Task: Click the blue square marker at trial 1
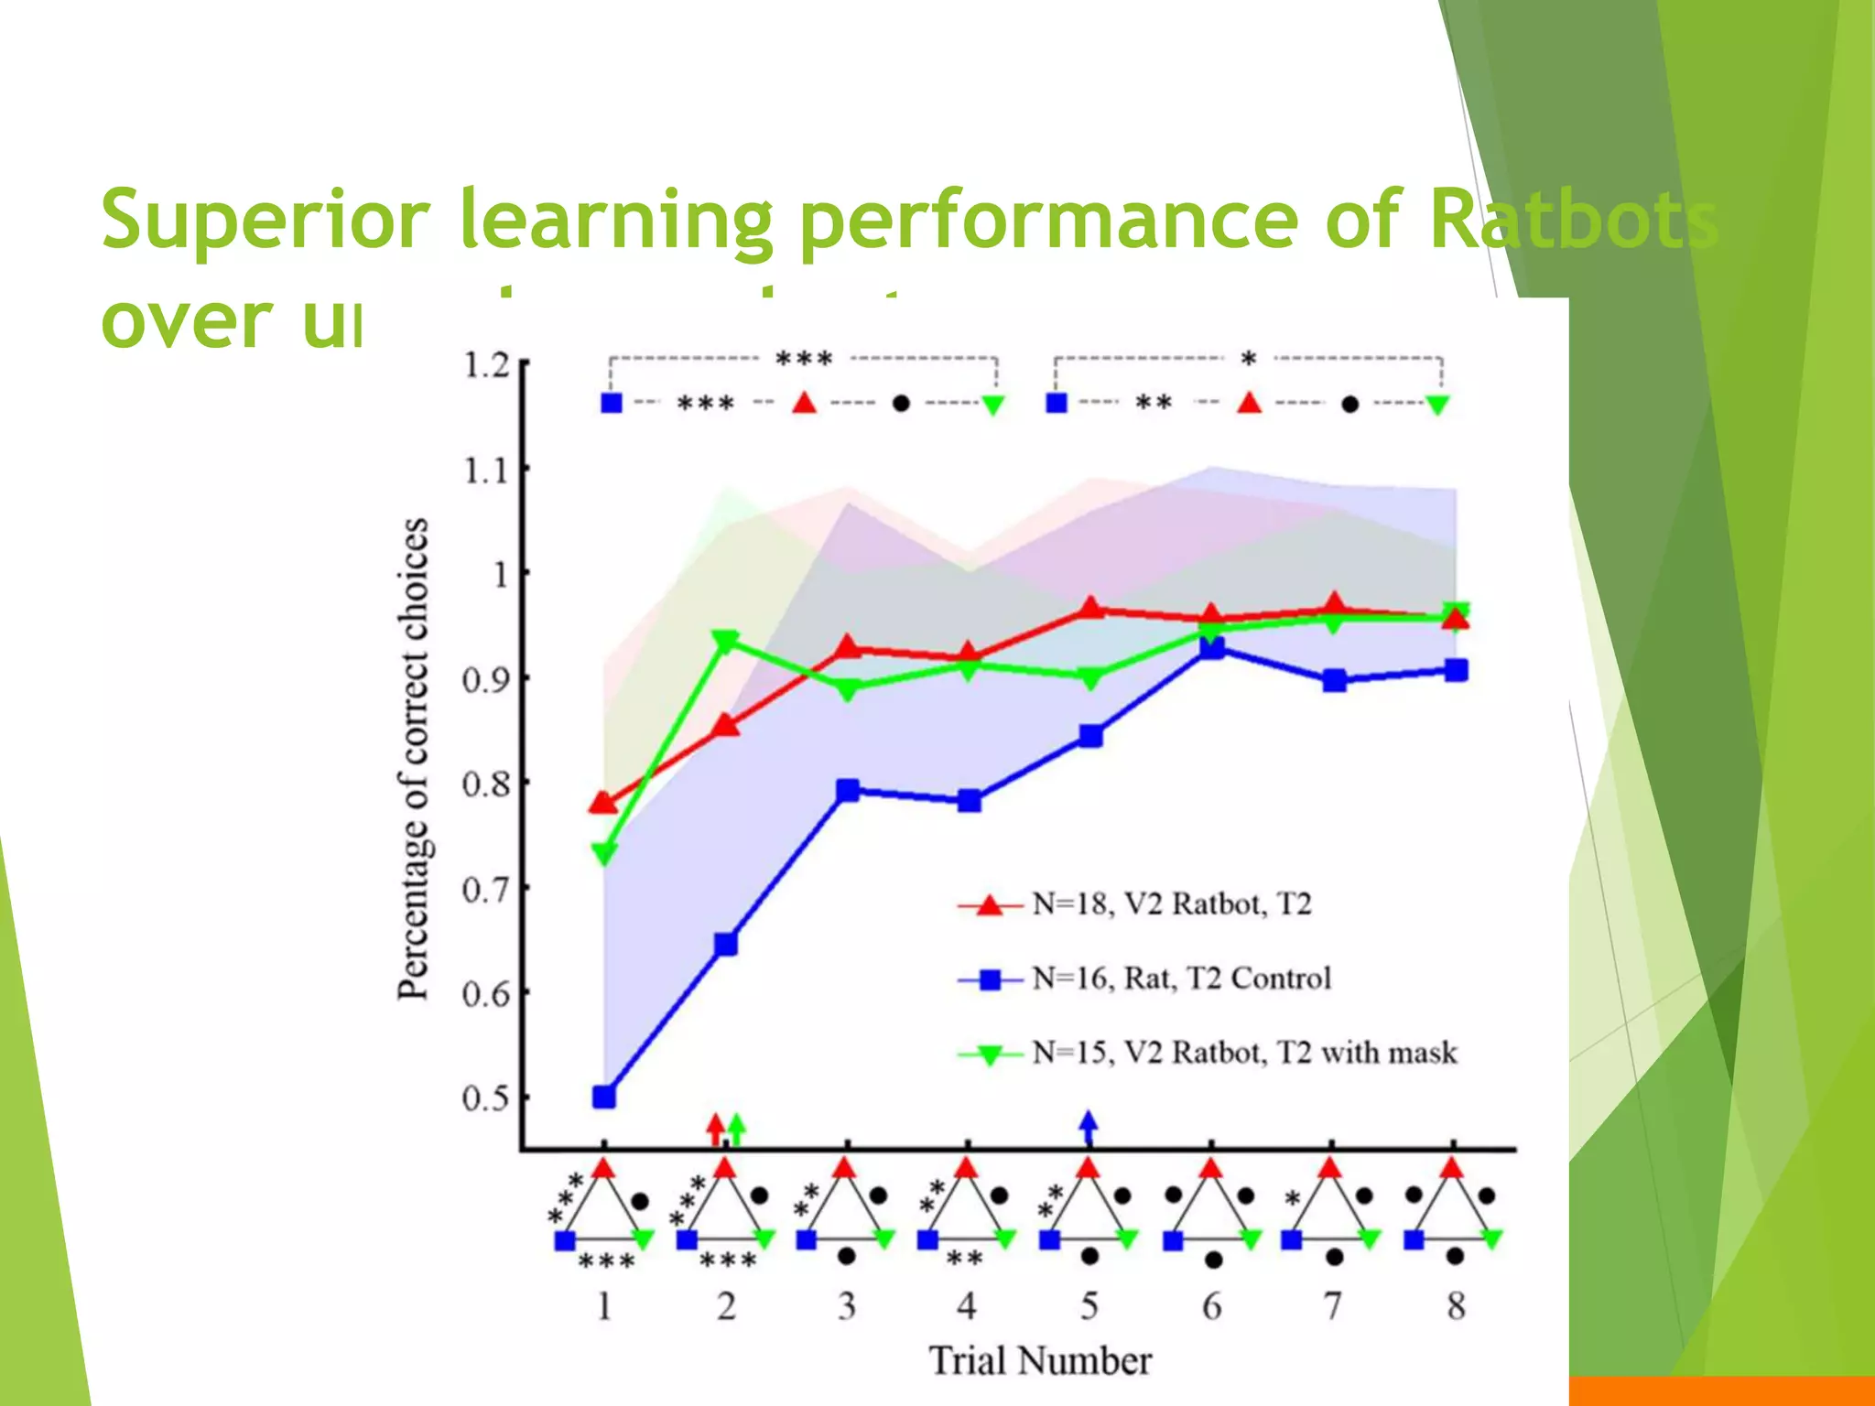click(604, 1097)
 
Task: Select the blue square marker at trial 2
click(726, 944)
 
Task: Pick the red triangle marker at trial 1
click(603, 804)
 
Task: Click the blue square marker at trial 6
click(1212, 648)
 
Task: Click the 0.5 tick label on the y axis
click(486, 1098)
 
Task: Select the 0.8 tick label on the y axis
click(486, 784)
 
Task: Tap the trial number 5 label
click(1089, 1305)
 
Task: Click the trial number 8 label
click(1456, 1305)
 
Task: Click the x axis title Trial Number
click(1041, 1360)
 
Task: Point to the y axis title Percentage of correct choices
click(413, 758)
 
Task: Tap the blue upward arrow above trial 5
click(1088, 1127)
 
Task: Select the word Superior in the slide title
click(265, 220)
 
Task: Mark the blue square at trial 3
click(848, 790)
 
